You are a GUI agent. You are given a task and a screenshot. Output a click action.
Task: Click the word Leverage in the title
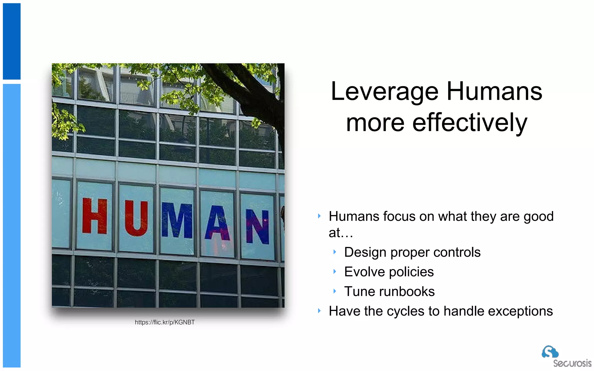[x=384, y=92]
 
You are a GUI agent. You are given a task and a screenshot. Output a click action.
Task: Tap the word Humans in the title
[x=494, y=91]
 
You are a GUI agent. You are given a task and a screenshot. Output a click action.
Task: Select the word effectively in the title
[x=470, y=123]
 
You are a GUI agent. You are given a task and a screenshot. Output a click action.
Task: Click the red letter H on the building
[x=94, y=216]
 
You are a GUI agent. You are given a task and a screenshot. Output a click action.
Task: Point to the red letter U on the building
[x=136, y=218]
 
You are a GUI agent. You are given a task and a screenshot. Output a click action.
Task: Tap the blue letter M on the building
[x=177, y=220]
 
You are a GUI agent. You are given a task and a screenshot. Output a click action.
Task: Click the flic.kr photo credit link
[x=165, y=322]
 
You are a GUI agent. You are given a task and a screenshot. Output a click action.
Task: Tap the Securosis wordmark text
[x=572, y=363]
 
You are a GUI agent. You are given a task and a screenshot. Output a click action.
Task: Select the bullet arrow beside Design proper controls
[x=335, y=252]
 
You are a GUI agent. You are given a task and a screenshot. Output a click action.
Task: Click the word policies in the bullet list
[x=411, y=272]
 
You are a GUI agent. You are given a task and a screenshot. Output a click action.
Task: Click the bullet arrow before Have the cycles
[x=319, y=311]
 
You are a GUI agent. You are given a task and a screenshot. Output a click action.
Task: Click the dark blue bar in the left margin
[x=12, y=41]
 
